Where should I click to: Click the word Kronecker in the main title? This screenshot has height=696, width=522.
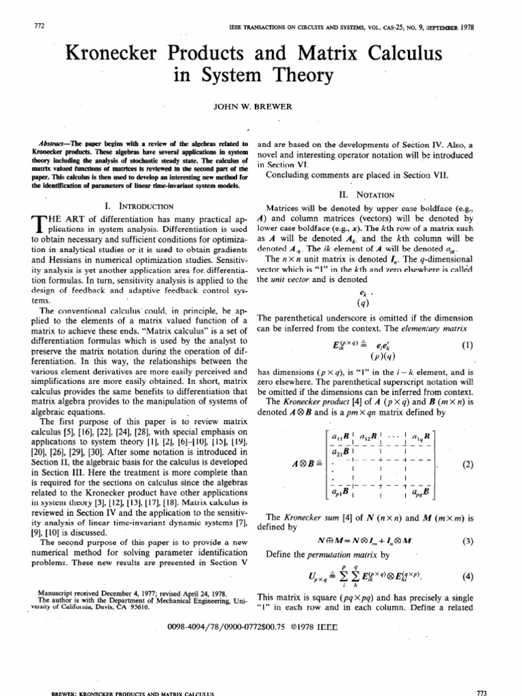[120, 54]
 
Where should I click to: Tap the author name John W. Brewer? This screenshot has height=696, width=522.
[260, 107]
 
